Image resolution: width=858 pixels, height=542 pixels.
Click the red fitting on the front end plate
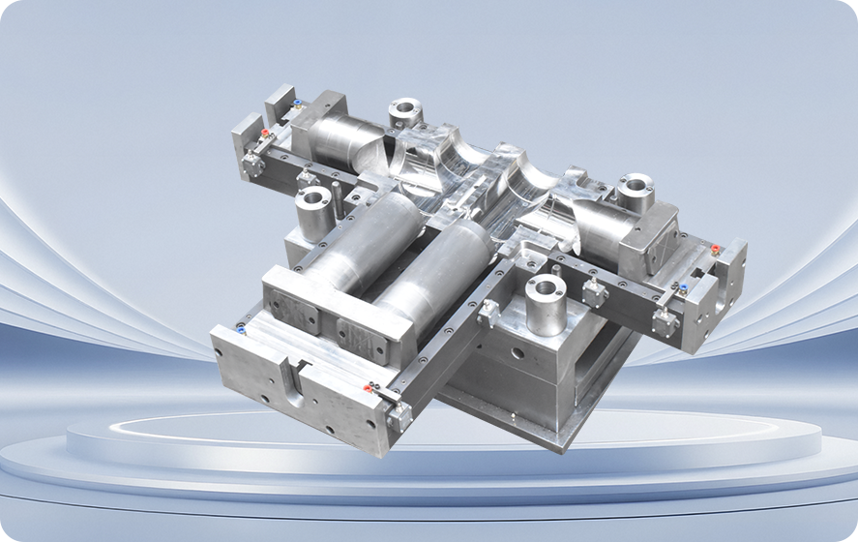click(x=368, y=388)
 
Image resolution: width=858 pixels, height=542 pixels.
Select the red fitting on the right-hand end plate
click(x=715, y=250)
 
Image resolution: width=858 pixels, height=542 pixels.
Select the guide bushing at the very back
click(x=403, y=110)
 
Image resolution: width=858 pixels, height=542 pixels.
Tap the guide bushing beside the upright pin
click(x=313, y=208)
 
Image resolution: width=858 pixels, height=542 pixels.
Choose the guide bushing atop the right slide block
click(x=635, y=188)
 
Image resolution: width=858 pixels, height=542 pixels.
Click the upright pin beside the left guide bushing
click(x=337, y=197)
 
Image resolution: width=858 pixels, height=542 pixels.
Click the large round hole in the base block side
click(x=518, y=352)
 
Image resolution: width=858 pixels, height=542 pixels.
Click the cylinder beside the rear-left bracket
click(x=343, y=138)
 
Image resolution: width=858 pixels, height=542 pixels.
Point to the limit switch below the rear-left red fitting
click(x=253, y=164)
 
